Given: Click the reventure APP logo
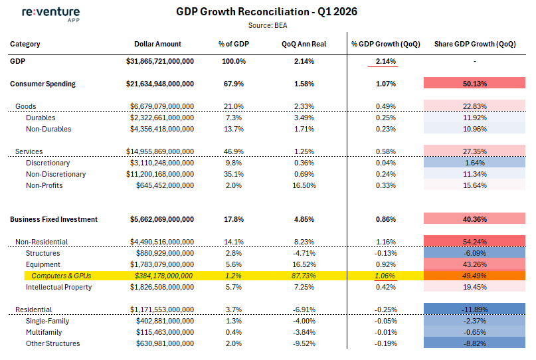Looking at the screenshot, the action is [x=51, y=15].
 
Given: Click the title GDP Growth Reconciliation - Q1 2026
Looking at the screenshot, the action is [x=266, y=12].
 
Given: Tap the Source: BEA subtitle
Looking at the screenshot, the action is [x=268, y=26].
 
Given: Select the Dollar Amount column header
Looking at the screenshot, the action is [x=157, y=44].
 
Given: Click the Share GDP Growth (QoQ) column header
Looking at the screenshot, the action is [x=475, y=44].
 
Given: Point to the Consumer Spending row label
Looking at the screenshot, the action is [x=43, y=84].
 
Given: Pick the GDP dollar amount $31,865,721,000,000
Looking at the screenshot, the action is [x=160, y=61].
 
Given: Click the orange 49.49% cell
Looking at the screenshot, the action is [x=474, y=276].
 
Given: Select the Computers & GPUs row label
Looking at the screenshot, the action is [x=61, y=276].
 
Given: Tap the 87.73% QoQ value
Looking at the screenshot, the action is [x=304, y=276].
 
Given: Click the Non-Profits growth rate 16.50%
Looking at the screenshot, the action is [x=304, y=185].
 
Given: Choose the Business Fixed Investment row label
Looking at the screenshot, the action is [x=54, y=219].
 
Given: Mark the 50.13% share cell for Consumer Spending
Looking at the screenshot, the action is [x=474, y=83].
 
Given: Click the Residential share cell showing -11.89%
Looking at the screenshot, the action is [x=474, y=309].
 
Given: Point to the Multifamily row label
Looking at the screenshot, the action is [x=44, y=332].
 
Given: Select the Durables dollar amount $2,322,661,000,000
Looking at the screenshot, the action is [x=162, y=118].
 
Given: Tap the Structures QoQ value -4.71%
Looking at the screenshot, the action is [x=304, y=253].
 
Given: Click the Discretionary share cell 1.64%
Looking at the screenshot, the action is [x=474, y=162].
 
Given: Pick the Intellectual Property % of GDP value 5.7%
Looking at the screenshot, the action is [x=234, y=287].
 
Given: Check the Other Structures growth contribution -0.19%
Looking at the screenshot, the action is [x=386, y=343].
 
